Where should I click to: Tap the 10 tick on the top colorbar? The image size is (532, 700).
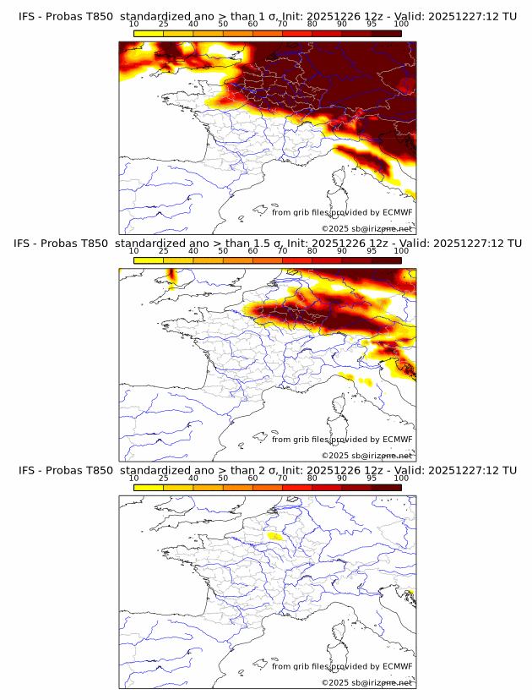tap(134, 24)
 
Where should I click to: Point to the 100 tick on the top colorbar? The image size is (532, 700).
tap(401, 24)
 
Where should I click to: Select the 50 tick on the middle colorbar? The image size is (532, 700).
tap(223, 251)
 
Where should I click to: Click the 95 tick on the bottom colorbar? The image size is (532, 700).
tap(372, 478)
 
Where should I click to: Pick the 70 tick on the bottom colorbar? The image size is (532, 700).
tap(282, 478)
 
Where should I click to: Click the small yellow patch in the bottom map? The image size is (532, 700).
tap(274, 535)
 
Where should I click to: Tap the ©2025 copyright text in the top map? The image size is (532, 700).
tap(366, 229)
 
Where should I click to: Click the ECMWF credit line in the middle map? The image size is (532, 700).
tap(341, 440)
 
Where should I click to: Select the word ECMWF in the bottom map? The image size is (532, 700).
tap(397, 666)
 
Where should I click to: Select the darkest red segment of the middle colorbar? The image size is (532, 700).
tap(386, 260)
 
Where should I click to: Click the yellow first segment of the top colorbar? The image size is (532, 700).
tap(149, 33)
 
